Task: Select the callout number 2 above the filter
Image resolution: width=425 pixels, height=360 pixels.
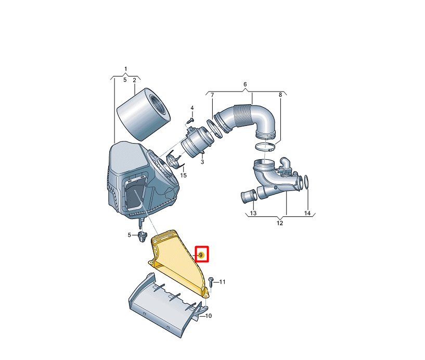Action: [134, 80]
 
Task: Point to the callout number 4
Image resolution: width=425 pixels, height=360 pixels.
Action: [192, 108]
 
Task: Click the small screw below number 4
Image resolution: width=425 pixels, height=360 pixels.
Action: [191, 119]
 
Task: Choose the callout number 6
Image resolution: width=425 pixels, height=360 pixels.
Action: [246, 84]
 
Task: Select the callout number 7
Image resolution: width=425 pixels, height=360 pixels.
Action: [212, 95]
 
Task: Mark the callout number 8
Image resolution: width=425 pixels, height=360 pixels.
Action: [280, 95]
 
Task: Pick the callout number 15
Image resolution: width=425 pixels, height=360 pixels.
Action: [183, 176]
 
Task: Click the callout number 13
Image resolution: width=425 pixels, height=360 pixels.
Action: [253, 213]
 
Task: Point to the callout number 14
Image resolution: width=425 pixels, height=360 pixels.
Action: [307, 213]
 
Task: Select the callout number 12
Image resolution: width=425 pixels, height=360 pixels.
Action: [279, 223]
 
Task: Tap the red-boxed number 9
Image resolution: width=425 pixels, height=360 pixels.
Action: [201, 254]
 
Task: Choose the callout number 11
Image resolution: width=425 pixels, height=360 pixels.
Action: [223, 282]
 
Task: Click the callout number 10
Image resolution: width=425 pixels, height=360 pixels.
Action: [208, 316]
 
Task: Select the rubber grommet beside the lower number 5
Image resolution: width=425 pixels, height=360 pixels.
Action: [141, 238]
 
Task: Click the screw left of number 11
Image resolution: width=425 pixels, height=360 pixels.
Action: [211, 281]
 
